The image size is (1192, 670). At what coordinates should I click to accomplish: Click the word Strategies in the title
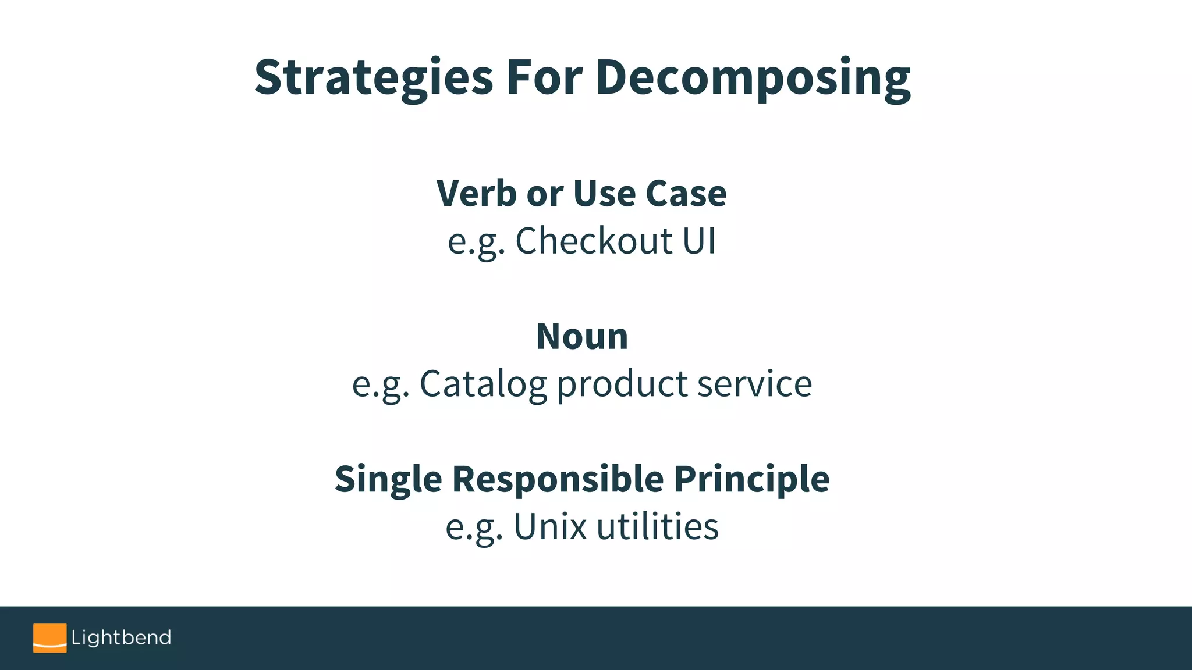[374, 78]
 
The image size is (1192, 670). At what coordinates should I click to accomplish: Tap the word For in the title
[544, 78]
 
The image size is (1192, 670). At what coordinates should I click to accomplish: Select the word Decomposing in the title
[753, 78]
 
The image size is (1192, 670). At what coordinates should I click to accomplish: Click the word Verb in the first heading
[476, 193]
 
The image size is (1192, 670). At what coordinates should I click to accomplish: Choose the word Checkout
[594, 241]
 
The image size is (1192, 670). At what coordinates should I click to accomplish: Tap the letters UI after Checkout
[699, 241]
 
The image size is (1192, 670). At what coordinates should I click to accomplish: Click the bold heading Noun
[582, 336]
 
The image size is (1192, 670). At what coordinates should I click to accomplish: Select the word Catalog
[483, 384]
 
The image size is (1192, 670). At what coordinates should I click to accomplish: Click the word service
[754, 384]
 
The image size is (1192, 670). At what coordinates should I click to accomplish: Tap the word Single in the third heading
[388, 479]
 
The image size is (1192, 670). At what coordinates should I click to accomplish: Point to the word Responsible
[558, 479]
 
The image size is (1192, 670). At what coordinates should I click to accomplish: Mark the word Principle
[751, 479]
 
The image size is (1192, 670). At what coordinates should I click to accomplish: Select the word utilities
[658, 527]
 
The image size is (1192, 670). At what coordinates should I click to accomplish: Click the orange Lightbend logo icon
[49, 638]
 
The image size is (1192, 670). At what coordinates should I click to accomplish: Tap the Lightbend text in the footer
[121, 637]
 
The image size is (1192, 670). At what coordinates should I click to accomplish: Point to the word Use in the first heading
[604, 193]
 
